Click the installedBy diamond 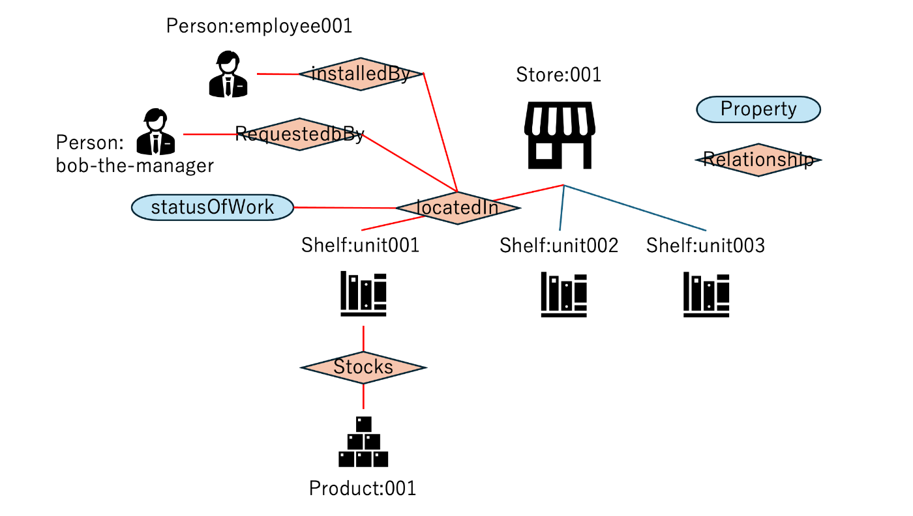pyautogui.click(x=361, y=74)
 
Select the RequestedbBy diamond pyautogui.click(x=299, y=134)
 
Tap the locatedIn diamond pyautogui.click(x=457, y=208)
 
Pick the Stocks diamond pyautogui.click(x=363, y=367)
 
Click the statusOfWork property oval pyautogui.click(x=213, y=208)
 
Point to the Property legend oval pyautogui.click(x=758, y=109)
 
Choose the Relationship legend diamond pyautogui.click(x=758, y=160)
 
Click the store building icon pyautogui.click(x=560, y=135)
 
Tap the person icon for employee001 pyautogui.click(x=228, y=75)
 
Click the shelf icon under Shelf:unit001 pyautogui.click(x=363, y=294)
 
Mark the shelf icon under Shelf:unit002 pyautogui.click(x=563, y=294)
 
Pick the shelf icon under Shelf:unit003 pyautogui.click(x=706, y=294)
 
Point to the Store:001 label pyautogui.click(x=559, y=75)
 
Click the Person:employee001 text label pyautogui.click(x=259, y=26)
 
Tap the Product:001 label pyautogui.click(x=363, y=488)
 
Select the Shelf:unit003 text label pyautogui.click(x=706, y=246)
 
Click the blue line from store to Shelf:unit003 pyautogui.click(x=635, y=208)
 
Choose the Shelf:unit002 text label pyautogui.click(x=559, y=246)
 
